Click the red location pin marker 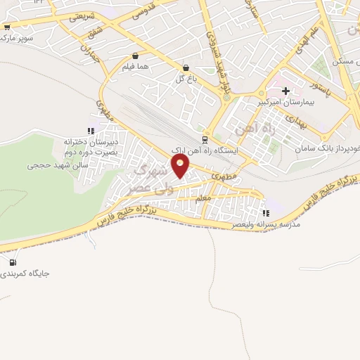click(x=181, y=167)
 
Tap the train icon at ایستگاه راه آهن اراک click(x=205, y=140)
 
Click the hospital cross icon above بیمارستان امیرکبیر click(x=285, y=91)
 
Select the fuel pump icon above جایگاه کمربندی click(x=12, y=264)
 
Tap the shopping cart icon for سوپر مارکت click(x=7, y=28)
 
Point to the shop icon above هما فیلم click(x=135, y=56)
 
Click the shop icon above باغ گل click(x=186, y=68)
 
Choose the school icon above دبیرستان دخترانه click(x=90, y=130)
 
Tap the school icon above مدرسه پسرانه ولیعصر click(x=265, y=213)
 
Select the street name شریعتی click(x=79, y=15)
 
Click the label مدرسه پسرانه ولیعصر click(x=266, y=225)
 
